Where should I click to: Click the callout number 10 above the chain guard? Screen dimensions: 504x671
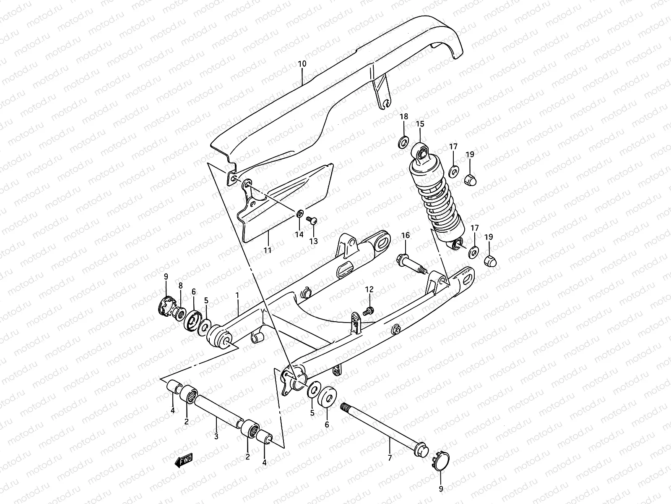point(302,64)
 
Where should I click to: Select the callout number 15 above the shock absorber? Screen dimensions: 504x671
point(420,124)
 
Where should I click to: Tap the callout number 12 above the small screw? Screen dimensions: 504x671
point(369,289)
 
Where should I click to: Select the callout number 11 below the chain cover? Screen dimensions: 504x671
point(267,250)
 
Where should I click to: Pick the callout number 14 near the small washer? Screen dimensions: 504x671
point(299,234)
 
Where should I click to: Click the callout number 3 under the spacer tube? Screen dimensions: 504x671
point(216,436)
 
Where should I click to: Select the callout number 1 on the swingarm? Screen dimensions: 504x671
point(237,295)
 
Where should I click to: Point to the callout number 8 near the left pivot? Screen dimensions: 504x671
point(180,285)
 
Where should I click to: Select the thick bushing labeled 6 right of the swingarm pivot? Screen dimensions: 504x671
point(328,395)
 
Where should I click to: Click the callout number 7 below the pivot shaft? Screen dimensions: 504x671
point(390,457)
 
